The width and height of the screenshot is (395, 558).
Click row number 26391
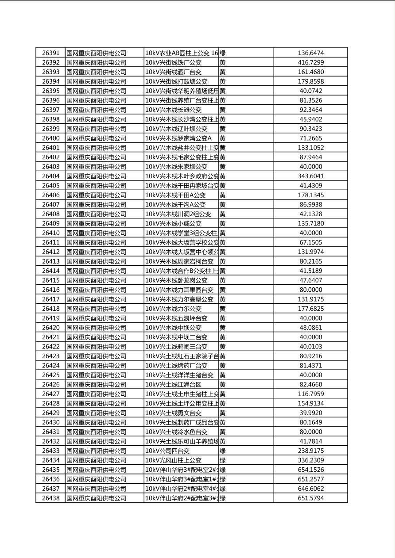(50, 53)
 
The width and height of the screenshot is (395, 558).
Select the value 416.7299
(310, 62)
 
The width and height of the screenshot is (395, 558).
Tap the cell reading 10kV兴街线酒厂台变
(174, 72)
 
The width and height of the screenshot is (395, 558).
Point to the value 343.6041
(310, 176)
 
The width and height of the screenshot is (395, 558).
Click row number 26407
(50, 204)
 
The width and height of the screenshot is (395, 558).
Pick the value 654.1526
(310, 470)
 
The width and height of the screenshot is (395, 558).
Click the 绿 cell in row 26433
(223, 451)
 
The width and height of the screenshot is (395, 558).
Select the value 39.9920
(310, 413)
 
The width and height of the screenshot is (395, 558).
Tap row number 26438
(50, 498)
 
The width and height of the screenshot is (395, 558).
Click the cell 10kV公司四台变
(167, 451)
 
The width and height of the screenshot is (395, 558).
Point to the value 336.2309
(310, 460)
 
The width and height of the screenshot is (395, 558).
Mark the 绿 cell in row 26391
(223, 53)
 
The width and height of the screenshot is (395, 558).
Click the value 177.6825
(310, 309)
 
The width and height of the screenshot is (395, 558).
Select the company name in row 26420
(97, 328)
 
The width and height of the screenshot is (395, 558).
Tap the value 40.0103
(310, 346)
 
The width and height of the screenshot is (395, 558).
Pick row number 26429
(50, 413)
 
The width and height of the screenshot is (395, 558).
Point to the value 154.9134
(310, 403)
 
